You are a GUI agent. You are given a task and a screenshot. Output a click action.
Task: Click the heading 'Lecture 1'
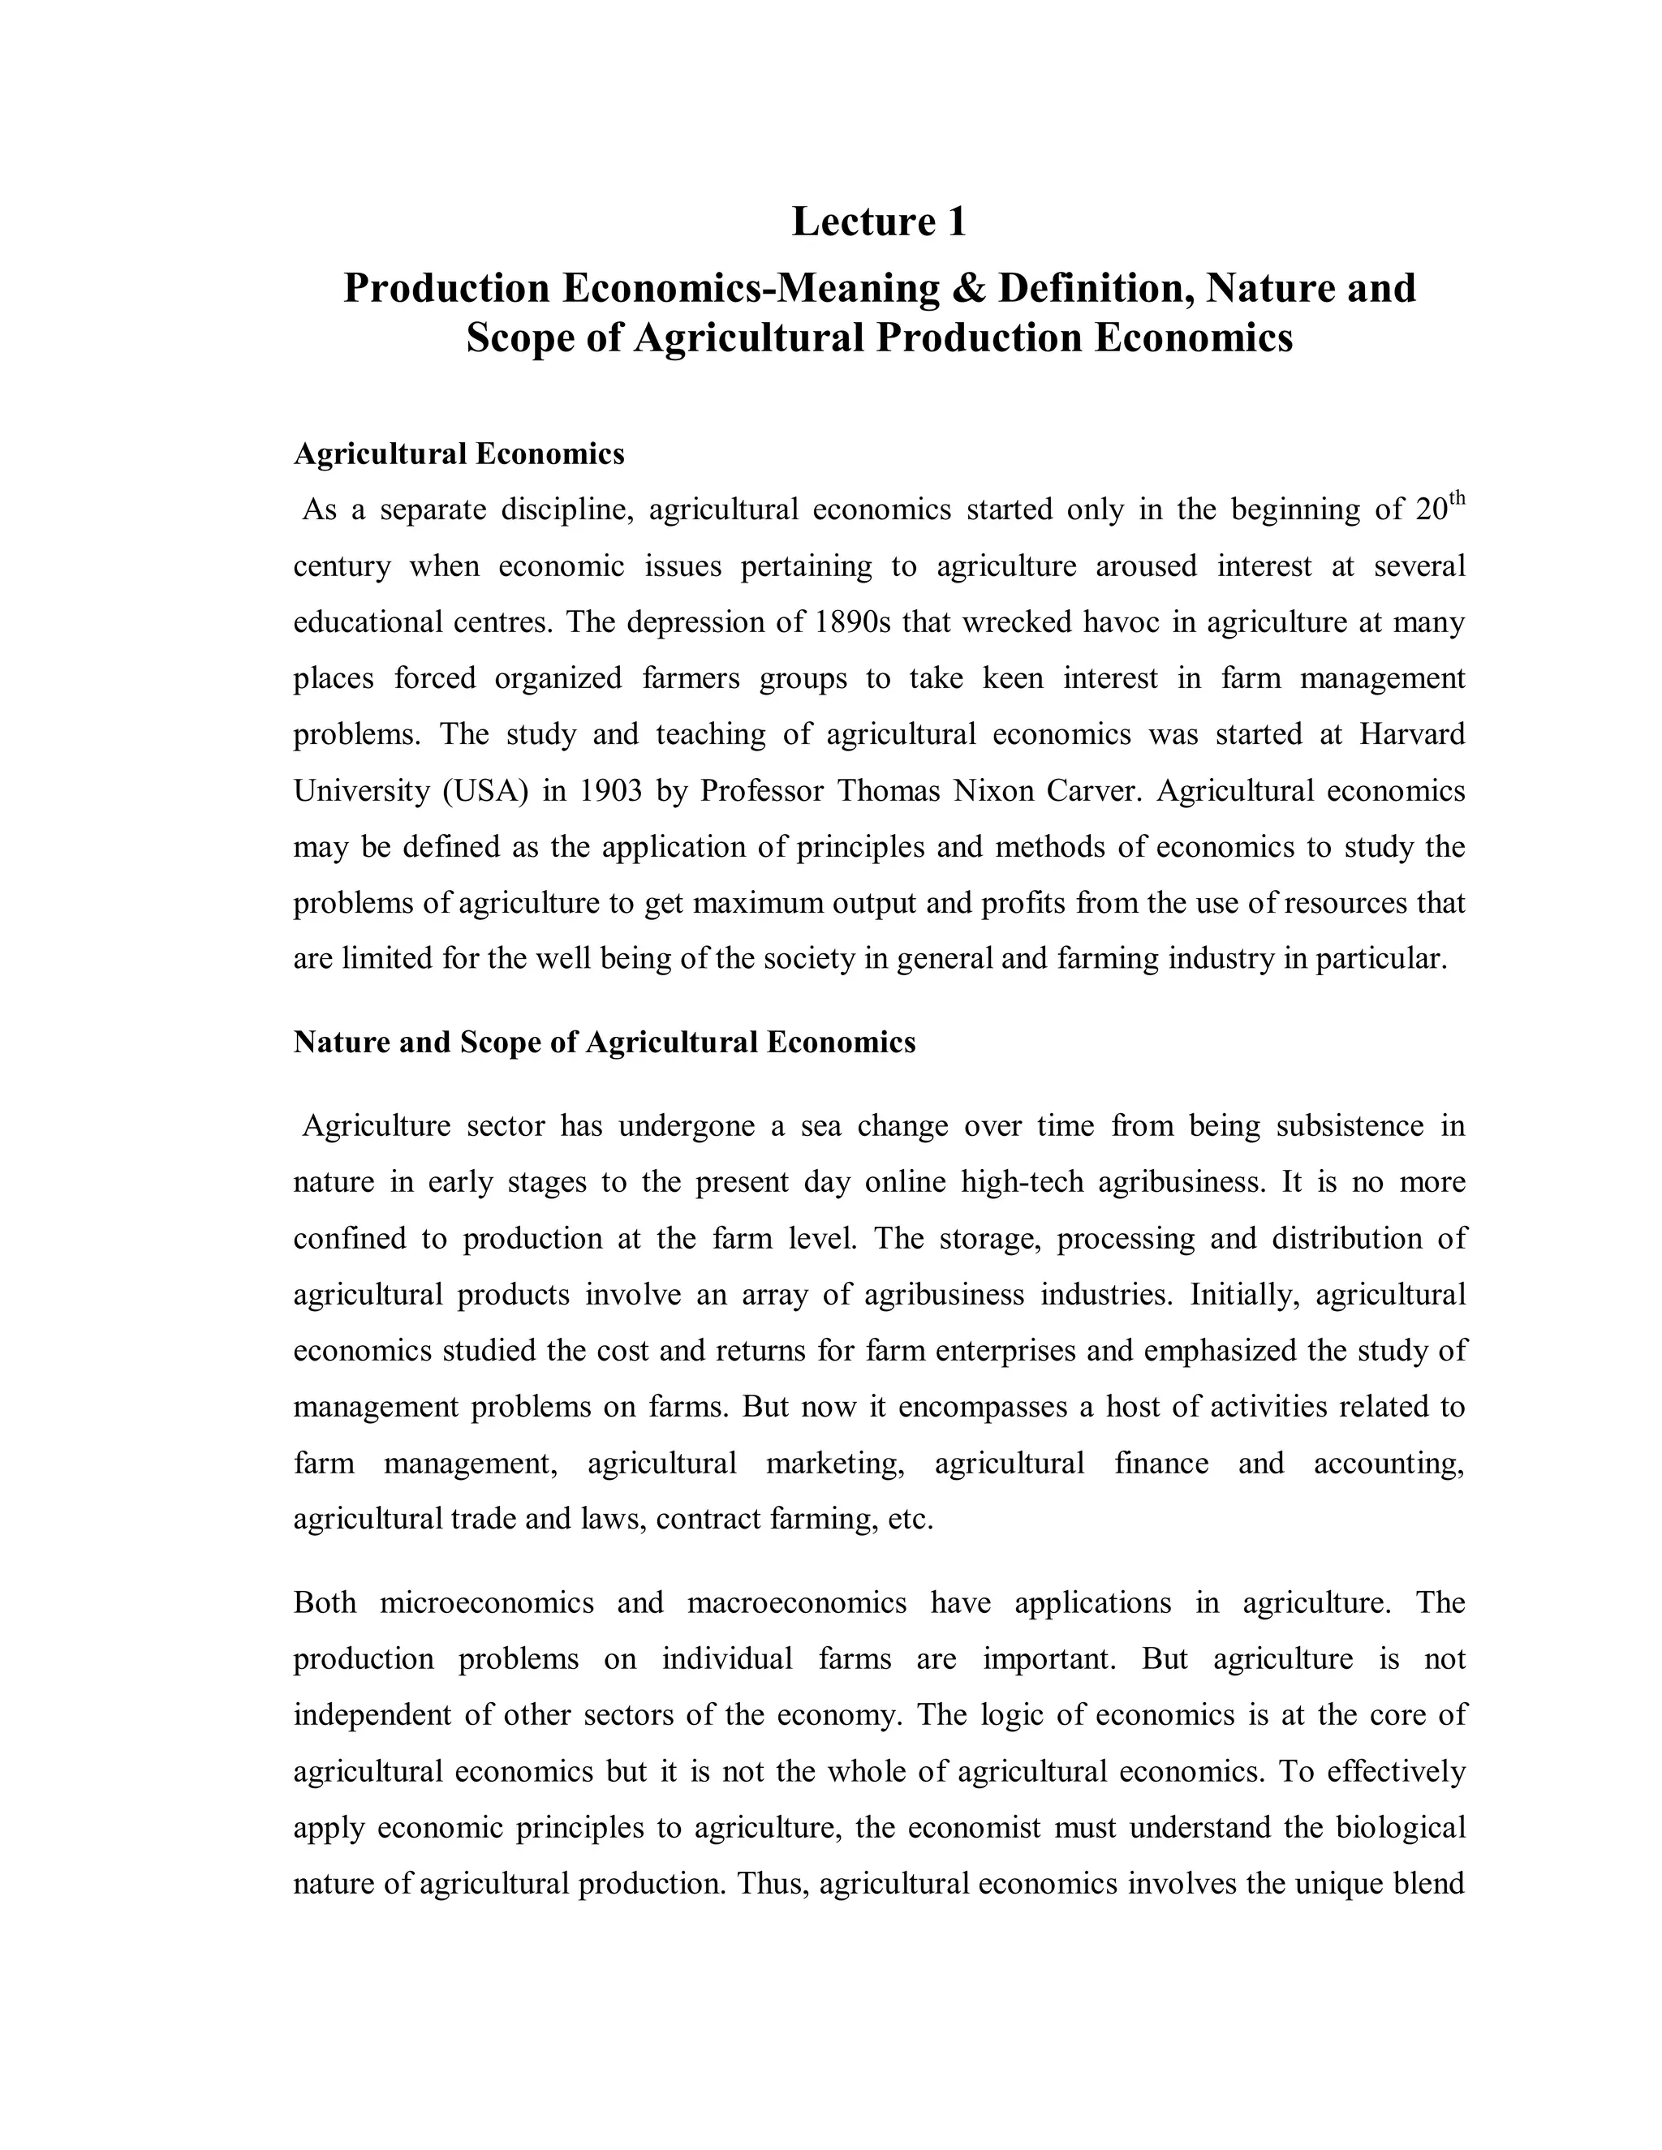point(878,221)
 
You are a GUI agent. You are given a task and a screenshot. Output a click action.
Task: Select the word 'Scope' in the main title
point(518,338)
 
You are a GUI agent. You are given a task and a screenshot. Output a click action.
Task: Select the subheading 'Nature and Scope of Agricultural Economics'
point(604,1043)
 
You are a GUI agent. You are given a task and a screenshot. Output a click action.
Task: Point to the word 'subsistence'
point(1349,1126)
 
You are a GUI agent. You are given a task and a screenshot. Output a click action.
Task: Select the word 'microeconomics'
point(486,1602)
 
